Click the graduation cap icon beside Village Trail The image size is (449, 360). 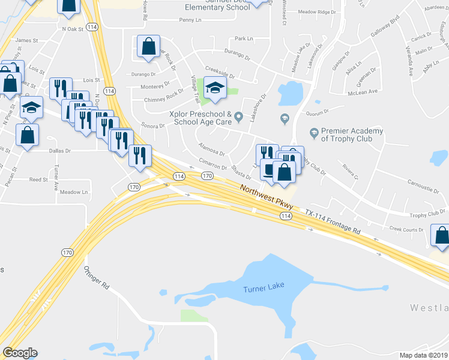tap(214, 88)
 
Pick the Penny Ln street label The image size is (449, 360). tap(191, 20)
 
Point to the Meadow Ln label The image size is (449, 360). tap(73, 192)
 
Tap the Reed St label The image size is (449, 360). tap(38, 179)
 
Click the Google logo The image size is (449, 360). tap(20, 352)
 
